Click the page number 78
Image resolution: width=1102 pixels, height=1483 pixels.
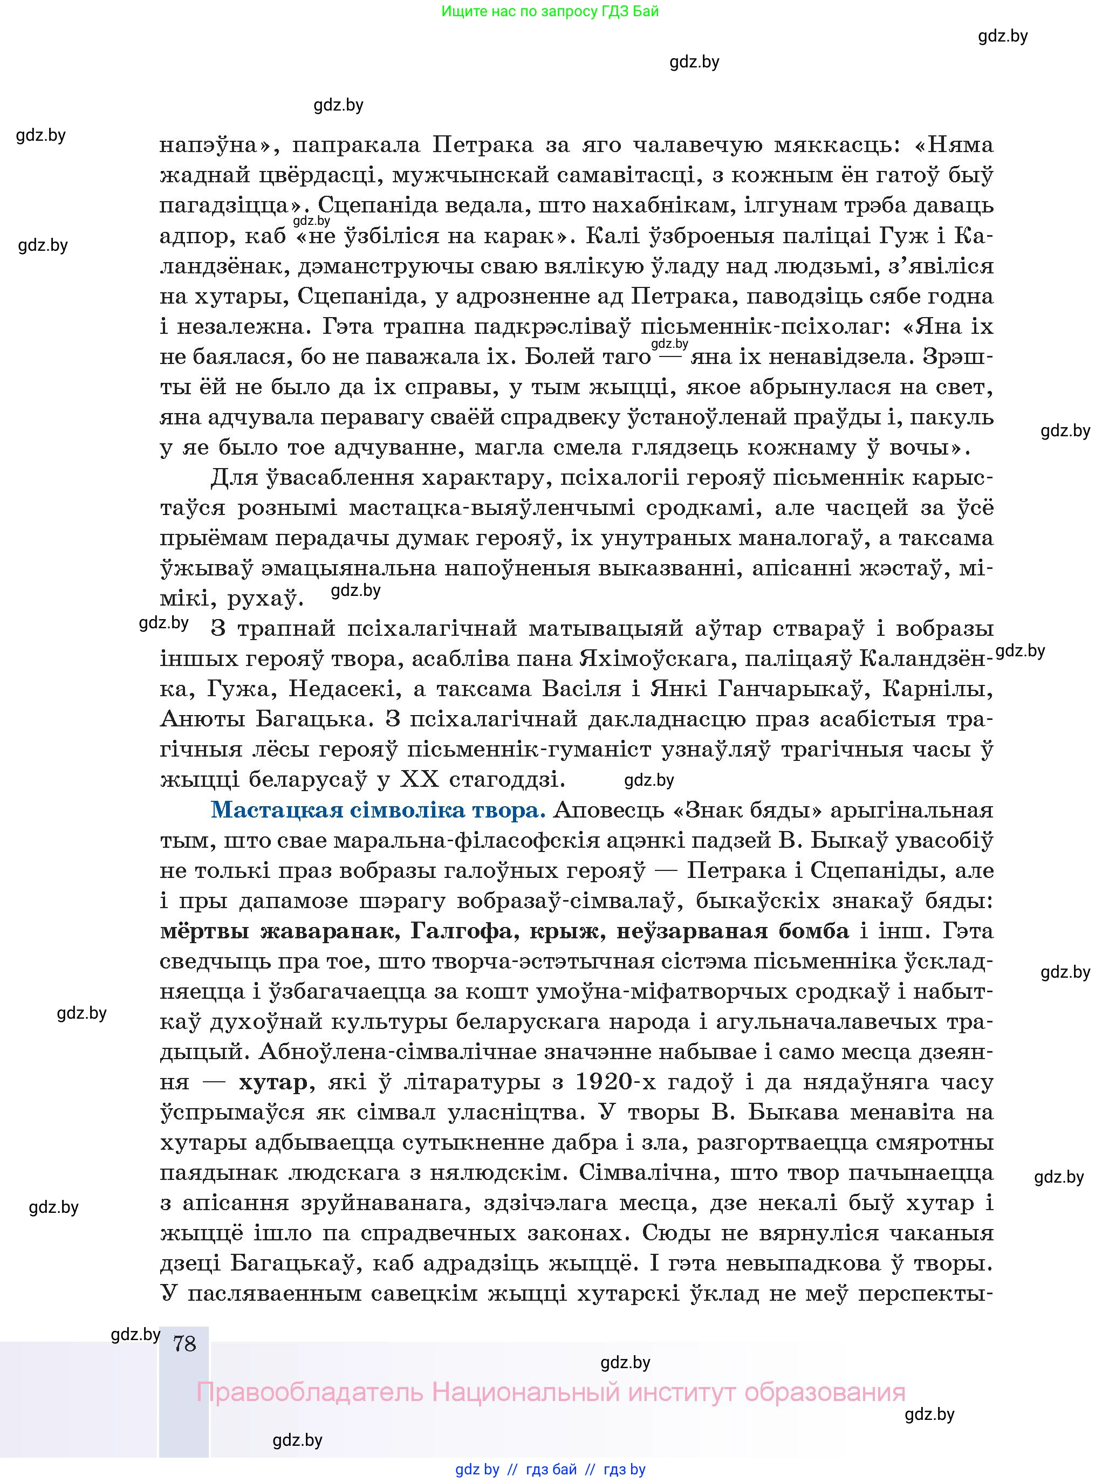pos(184,1342)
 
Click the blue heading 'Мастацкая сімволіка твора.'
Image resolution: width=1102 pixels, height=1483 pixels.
pos(378,810)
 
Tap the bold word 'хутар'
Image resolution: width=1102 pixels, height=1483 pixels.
pos(273,1082)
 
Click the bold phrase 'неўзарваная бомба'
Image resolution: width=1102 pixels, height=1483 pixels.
pos(733,931)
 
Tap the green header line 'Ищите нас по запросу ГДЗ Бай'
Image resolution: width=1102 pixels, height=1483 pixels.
pos(550,11)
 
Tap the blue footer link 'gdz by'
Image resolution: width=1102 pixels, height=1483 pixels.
pos(477,1469)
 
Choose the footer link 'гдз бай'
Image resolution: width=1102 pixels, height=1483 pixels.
pos(551,1469)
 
